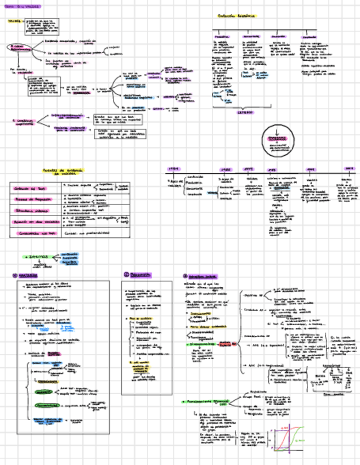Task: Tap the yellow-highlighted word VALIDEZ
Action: (x=15, y=22)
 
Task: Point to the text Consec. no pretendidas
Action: (x=88, y=232)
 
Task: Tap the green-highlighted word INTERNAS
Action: (x=38, y=256)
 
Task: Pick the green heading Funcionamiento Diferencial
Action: (x=208, y=401)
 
